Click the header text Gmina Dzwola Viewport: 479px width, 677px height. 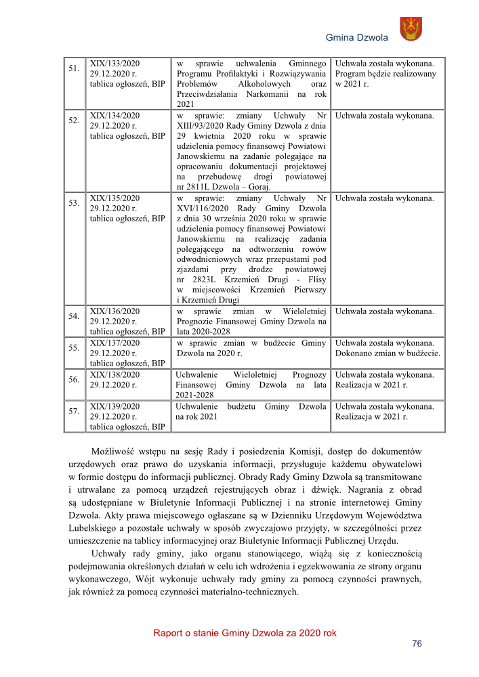tap(357, 38)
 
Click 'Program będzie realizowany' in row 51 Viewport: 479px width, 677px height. tap(386, 73)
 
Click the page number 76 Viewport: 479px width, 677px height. tap(417, 644)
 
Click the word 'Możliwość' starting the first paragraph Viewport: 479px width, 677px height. tap(112, 452)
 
